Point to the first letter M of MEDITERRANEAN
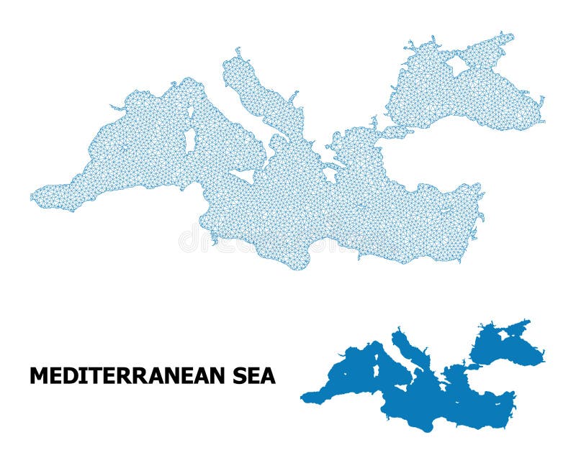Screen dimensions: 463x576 37,375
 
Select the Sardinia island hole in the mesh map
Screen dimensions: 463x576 190,139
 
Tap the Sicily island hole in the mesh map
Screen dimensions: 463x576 243,175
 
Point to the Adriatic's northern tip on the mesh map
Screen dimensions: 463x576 238,52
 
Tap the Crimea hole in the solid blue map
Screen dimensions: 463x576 503,335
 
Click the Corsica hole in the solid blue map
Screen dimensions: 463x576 377,357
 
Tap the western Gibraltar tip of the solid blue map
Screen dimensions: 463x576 303,396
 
